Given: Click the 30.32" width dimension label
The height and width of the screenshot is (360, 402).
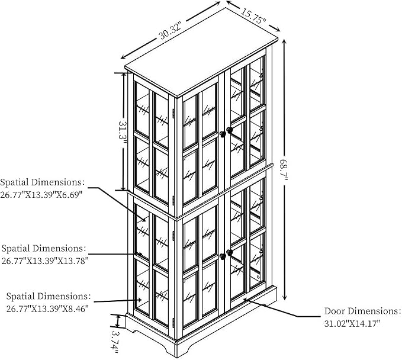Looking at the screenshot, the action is (171, 31).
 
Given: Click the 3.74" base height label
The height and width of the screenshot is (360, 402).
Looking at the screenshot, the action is (115, 343).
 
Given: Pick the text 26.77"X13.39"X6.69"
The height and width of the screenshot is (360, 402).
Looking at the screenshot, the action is (41, 195).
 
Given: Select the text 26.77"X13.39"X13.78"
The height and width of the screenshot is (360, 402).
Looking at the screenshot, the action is (45, 261).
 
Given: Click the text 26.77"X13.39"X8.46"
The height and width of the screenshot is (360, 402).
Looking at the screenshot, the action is (47, 308).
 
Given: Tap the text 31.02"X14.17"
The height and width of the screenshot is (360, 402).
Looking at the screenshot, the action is (352, 323).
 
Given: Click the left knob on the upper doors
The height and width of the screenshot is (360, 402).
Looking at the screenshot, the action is (223, 134).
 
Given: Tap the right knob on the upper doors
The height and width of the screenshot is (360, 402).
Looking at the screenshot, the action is (230, 130).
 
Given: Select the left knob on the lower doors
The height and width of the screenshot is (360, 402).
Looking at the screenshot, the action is (223, 256).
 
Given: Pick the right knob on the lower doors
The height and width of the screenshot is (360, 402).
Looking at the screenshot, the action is (230, 253).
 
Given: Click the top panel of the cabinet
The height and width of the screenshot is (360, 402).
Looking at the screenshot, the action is (201, 52).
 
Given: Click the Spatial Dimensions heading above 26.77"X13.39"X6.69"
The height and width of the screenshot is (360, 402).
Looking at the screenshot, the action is (42, 182).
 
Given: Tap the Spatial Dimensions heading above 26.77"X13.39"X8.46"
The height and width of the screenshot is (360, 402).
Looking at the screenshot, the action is (49, 296).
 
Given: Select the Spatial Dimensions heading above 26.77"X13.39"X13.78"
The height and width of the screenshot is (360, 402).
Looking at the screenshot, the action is (43, 248).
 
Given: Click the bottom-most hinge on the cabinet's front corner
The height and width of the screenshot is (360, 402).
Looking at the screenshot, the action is (173, 323).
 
